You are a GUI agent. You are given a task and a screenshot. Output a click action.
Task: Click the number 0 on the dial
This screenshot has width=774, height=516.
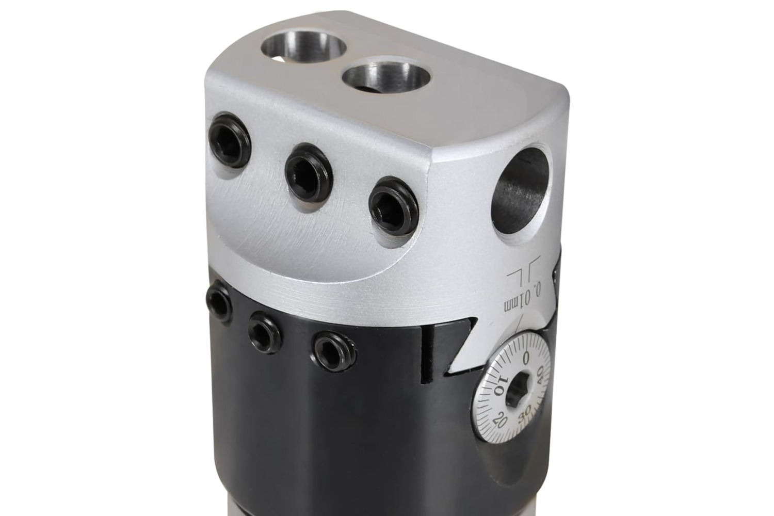point(526,358)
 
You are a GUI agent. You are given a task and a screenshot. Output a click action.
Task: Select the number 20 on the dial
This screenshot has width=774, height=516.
point(501,421)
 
